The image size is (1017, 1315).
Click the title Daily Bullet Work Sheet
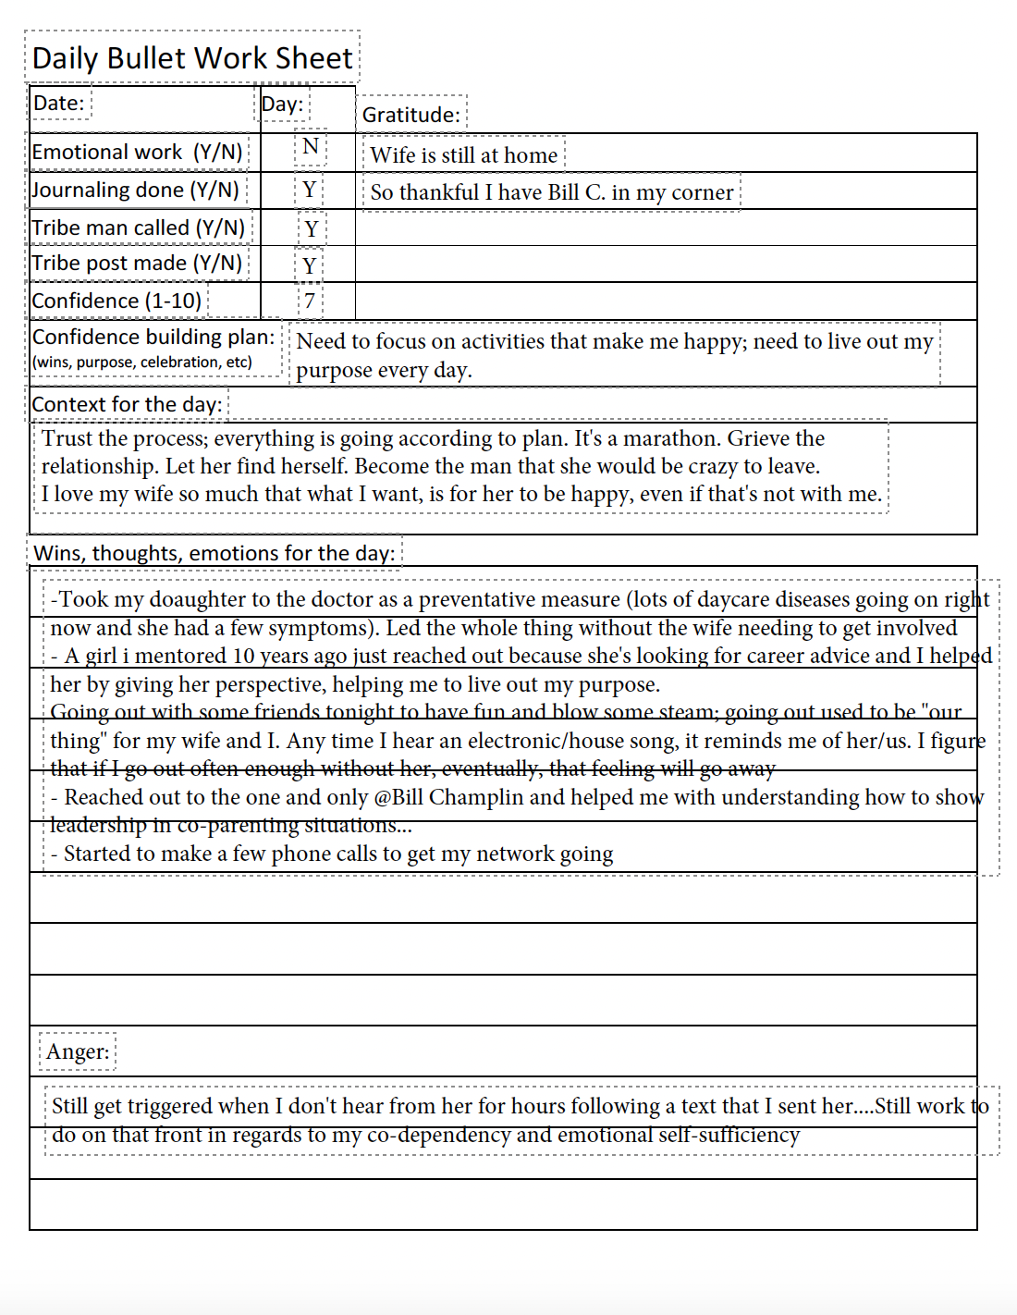point(192,58)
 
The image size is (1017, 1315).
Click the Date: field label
point(59,103)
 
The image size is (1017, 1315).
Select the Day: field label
point(282,104)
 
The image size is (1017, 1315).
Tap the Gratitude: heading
point(410,115)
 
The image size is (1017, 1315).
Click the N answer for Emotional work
point(311,146)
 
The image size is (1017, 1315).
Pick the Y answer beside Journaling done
point(310,190)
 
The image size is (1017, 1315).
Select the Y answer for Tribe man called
point(312,228)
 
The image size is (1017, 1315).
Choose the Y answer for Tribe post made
point(310,265)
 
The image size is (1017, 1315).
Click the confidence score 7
point(310,301)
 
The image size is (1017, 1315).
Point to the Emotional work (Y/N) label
point(137,152)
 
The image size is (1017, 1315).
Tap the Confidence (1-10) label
point(116,301)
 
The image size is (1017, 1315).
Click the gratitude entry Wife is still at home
point(464,154)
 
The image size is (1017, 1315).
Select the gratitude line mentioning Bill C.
point(552,192)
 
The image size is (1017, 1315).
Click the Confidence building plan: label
point(153,337)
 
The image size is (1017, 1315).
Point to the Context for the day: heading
point(127,404)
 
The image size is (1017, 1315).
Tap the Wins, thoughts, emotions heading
point(214,553)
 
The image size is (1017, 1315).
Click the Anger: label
point(78,1051)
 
